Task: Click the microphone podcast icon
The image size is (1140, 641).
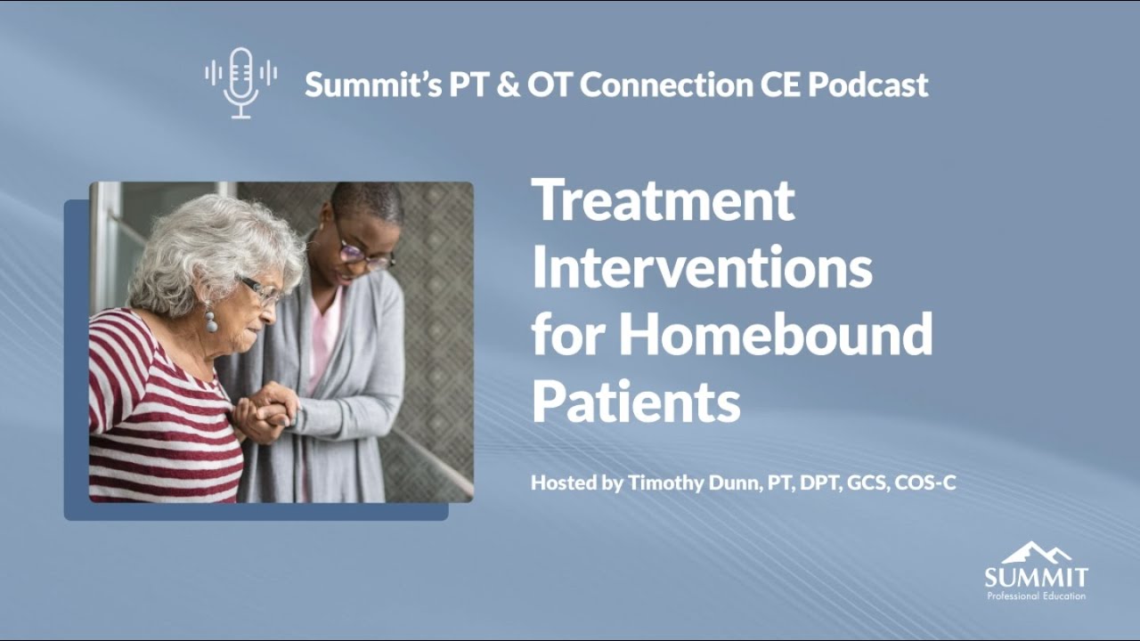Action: tap(240, 83)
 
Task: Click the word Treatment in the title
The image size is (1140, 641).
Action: tap(663, 200)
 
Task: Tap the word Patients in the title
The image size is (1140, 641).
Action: tap(636, 402)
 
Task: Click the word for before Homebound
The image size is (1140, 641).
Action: tap(568, 335)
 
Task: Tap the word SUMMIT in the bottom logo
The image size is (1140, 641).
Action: tap(1036, 577)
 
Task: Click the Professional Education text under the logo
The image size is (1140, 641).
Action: tap(1036, 596)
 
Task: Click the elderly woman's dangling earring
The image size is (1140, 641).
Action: tap(211, 318)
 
